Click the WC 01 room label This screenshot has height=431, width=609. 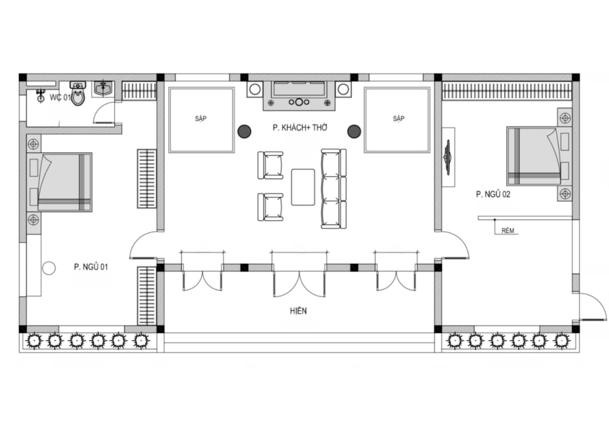60,98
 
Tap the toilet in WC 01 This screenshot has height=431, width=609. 78,93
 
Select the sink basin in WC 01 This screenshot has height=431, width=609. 103,89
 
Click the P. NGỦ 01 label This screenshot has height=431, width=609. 91,267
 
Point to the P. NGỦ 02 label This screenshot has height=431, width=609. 493,194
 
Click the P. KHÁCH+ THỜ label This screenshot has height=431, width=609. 300,128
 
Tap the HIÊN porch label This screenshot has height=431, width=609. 299,311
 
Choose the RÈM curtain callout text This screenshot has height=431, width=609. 508,231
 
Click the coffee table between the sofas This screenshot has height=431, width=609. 303,187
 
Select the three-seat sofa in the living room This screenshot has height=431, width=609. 334,189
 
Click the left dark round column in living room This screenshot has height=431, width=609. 244,132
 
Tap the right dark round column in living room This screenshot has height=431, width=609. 354,132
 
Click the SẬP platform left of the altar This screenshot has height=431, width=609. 201,120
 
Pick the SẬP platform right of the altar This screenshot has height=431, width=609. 397,120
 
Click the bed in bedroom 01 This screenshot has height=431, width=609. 59,182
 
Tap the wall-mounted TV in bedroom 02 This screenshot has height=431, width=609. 448,157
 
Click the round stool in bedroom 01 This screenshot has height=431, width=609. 49,268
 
